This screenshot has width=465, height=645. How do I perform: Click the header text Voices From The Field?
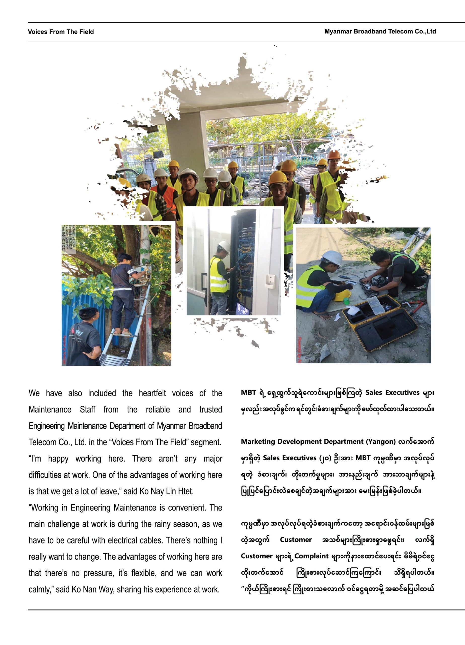click(61, 32)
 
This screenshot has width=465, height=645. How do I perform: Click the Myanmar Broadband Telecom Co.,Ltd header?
click(380, 31)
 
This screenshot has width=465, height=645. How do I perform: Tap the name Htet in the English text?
click(186, 491)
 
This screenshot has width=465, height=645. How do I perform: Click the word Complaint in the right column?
click(311, 556)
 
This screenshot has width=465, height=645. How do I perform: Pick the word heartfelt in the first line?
click(152, 393)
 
